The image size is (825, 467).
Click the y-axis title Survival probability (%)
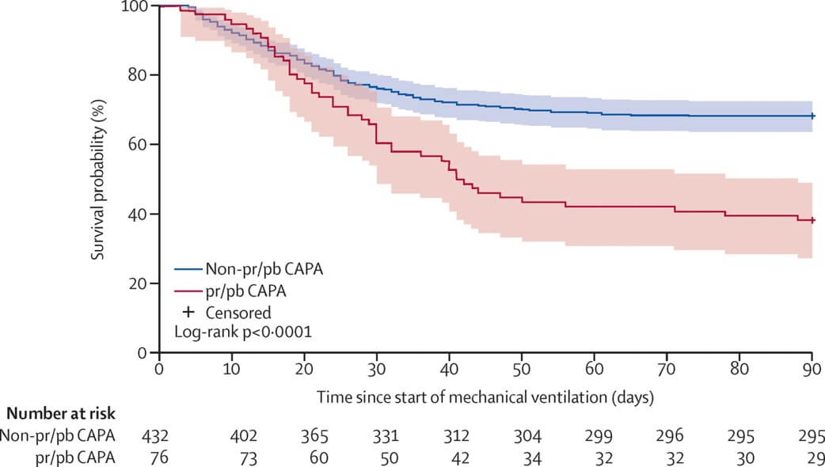(99, 178)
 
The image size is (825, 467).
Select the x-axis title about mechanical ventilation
(485, 393)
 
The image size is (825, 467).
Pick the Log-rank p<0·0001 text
(243, 332)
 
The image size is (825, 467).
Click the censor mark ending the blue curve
(812, 116)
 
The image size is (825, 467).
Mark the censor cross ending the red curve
(812, 220)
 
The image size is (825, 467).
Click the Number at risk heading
(61, 412)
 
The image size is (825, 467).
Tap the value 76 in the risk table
(159, 456)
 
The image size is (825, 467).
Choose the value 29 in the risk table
(812, 456)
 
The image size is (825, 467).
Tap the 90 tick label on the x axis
(812, 369)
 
